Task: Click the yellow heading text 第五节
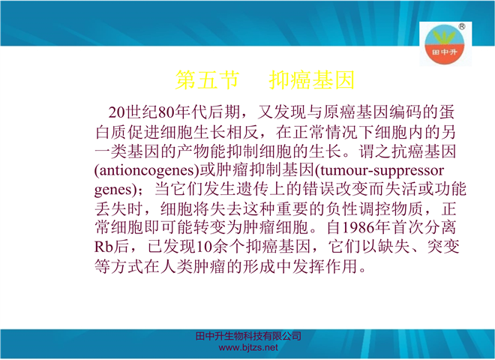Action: pos(207,79)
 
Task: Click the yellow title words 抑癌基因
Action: pos(312,79)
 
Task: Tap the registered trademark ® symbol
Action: pos(461,26)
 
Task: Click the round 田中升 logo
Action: pos(445,44)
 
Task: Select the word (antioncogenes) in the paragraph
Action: pos(147,170)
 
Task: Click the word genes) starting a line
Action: pos(117,190)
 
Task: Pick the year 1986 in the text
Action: pos(358,227)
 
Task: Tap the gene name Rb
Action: pos(103,247)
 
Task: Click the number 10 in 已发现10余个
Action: pos(205,247)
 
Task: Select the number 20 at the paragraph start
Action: pos(117,112)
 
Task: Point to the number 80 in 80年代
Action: pos(166,112)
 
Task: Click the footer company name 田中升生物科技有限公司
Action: pos(248,336)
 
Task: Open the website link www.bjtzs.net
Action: pos(248,348)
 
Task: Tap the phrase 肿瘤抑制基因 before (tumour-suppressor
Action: pos(265,170)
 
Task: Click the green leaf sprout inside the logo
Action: pos(445,37)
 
